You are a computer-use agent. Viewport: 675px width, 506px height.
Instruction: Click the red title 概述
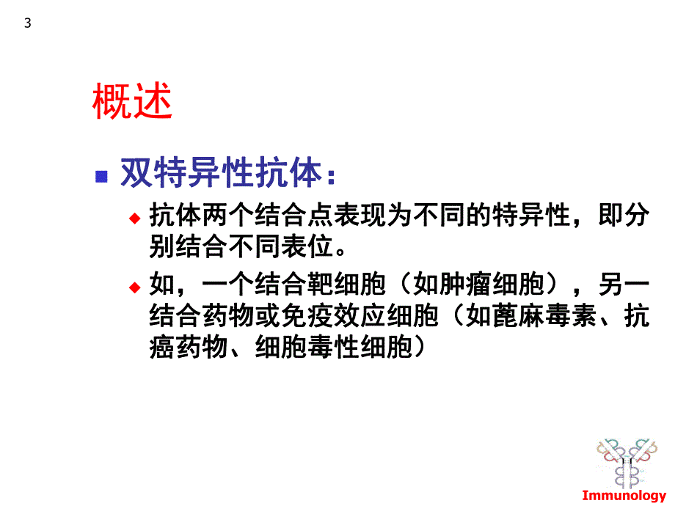coord(132,102)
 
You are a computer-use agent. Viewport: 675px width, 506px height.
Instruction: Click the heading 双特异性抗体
coord(221,175)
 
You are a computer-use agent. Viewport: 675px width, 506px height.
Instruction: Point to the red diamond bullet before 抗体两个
coord(134,218)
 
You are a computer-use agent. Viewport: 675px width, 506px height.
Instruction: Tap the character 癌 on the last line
coord(163,347)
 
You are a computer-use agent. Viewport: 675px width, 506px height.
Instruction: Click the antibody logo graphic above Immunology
coord(626,461)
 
